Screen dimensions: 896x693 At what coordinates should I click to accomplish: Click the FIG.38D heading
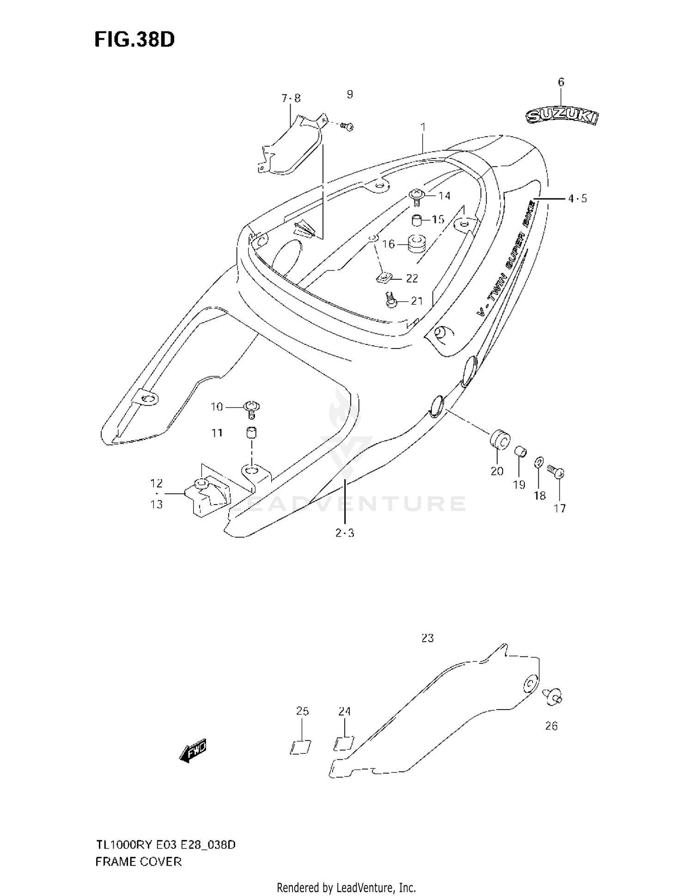point(134,40)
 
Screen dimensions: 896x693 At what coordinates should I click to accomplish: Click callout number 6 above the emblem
point(561,82)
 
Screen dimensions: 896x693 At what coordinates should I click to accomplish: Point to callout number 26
point(551,726)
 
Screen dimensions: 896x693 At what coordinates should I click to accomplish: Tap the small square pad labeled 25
point(301,747)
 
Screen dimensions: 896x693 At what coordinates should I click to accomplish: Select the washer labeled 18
point(539,462)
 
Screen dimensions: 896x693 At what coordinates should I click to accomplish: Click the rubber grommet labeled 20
point(499,439)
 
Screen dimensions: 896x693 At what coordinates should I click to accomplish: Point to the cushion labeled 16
point(417,243)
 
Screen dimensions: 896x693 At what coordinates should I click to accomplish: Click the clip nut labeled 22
point(383,278)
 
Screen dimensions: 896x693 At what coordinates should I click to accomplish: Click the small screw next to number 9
point(347,126)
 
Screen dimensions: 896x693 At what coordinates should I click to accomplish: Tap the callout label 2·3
point(345,533)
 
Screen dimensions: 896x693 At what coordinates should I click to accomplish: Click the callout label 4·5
point(577,198)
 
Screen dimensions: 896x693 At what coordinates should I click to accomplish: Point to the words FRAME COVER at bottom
point(138,862)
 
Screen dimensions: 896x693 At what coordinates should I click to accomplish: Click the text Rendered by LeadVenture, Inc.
point(346,887)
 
